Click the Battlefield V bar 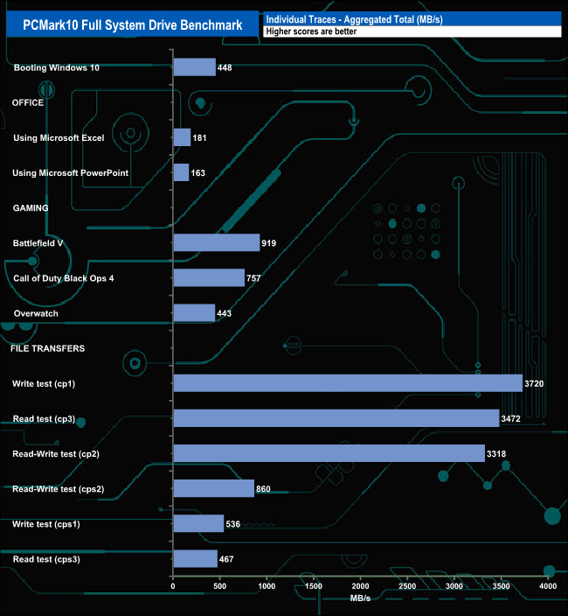pos(217,242)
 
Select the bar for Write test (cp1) pos(348,383)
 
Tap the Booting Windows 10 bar pos(194,67)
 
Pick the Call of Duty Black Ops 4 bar pos(209,277)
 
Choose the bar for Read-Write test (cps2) pos(214,488)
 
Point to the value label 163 pos(198,173)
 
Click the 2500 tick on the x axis pos(408,585)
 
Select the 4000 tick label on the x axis pos(548,585)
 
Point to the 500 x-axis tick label pos(220,585)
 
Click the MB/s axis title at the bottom pos(360,598)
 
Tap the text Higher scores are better pos(311,31)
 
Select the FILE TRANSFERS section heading pos(47,348)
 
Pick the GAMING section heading pos(30,208)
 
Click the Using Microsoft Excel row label pos(59,138)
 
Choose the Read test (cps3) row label pos(47,558)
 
